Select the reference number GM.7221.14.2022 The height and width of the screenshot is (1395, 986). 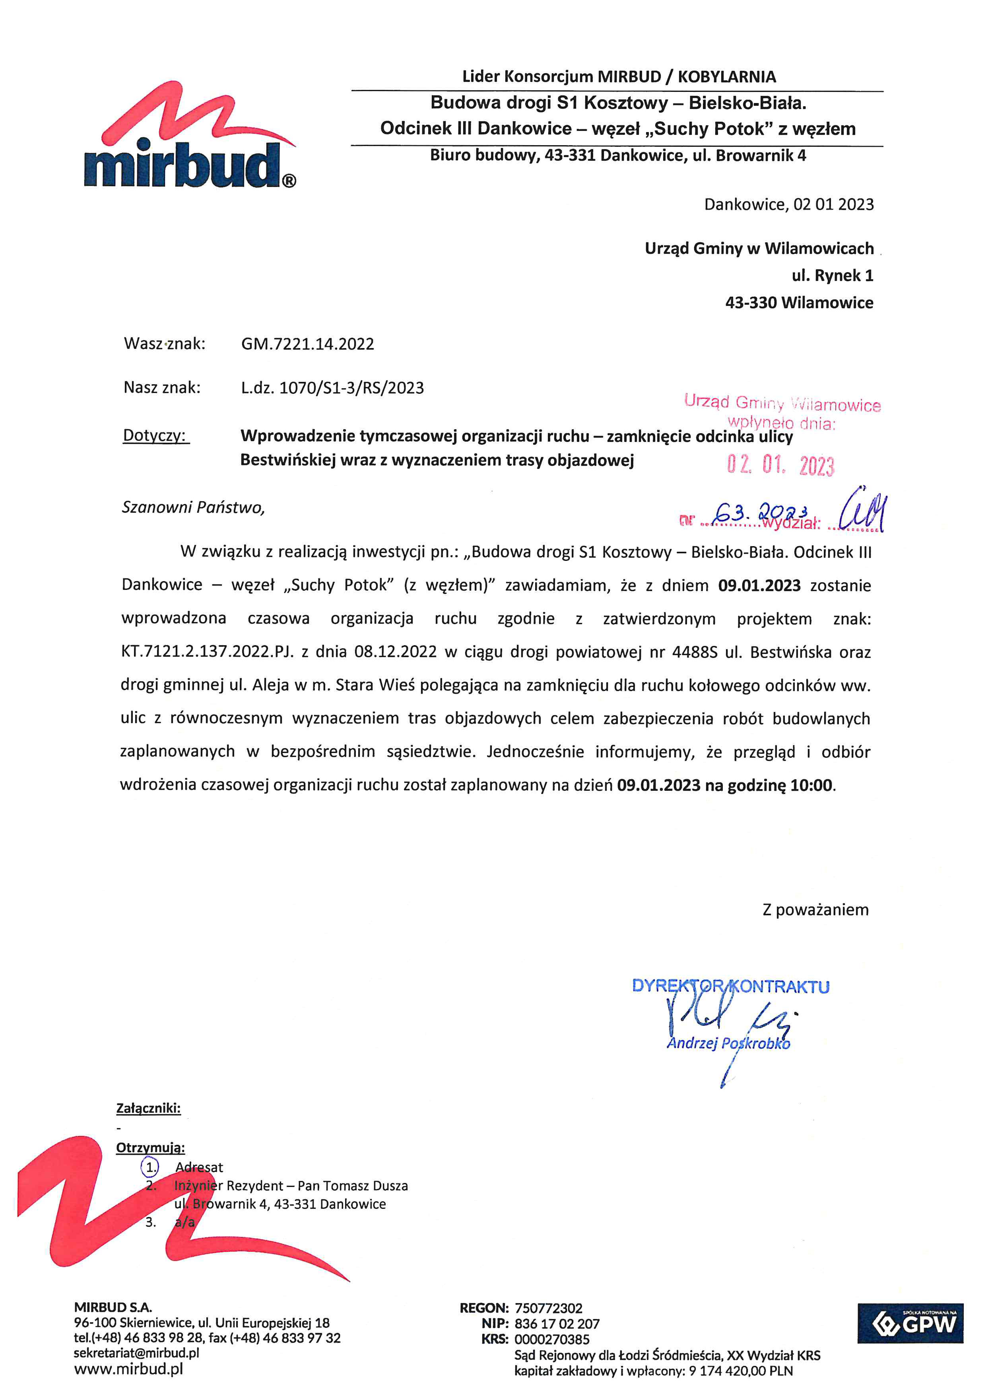pyautogui.click(x=307, y=344)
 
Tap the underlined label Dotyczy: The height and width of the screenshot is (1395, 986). pyautogui.click(x=155, y=436)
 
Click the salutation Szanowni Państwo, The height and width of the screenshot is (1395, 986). pyautogui.click(x=193, y=507)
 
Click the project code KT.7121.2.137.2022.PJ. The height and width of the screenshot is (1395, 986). pyautogui.click(x=207, y=652)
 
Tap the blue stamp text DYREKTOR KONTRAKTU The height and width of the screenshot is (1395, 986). pyautogui.click(x=730, y=986)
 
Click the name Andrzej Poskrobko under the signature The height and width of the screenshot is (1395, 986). pyautogui.click(x=728, y=1043)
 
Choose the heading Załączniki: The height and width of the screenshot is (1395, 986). pyautogui.click(x=148, y=1108)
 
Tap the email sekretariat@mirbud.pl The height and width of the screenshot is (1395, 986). pyautogui.click(x=136, y=1353)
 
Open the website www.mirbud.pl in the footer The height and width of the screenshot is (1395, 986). pyautogui.click(x=128, y=1369)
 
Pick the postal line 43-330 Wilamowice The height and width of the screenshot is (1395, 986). pyautogui.click(x=799, y=303)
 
